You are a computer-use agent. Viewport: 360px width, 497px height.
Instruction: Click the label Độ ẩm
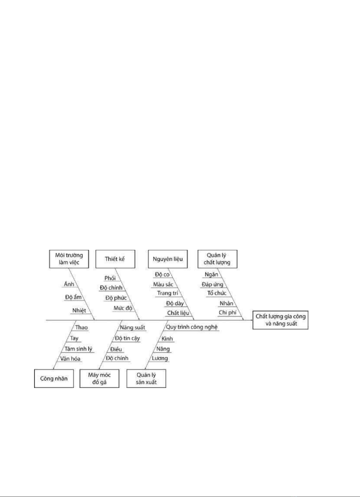73,297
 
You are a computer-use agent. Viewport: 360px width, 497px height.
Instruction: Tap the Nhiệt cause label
79,310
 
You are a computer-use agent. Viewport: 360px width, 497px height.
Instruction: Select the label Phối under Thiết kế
110,278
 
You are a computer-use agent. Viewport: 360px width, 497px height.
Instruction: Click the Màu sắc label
163,284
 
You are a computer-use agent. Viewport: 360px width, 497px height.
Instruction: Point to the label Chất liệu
178,313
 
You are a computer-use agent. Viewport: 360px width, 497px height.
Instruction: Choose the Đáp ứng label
212,284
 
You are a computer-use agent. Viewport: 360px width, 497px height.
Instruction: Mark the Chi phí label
227,312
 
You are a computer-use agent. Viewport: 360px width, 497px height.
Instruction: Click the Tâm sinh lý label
78,349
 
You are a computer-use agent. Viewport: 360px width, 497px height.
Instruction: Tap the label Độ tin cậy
127,338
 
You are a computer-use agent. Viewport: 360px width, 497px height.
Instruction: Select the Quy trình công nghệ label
192,327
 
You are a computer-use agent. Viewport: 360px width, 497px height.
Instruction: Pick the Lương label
160,358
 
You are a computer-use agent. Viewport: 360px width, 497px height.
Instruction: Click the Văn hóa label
70,359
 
